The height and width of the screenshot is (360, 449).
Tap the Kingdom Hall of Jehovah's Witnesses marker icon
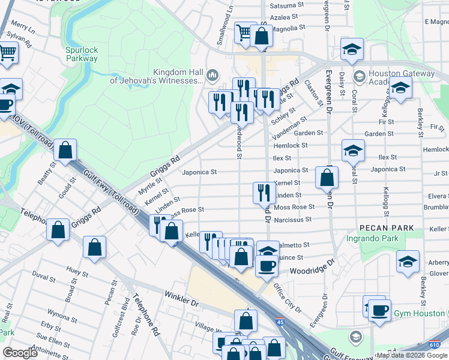tap(212, 76)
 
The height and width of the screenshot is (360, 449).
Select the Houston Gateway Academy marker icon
tap(359, 76)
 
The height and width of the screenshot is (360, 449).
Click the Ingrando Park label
tap(373, 239)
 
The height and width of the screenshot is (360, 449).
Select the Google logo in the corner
tap(20, 353)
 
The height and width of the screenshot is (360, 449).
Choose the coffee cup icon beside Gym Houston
tap(379, 311)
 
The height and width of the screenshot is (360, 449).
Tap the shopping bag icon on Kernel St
tap(327, 177)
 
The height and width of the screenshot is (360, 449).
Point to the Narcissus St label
tap(292, 220)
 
